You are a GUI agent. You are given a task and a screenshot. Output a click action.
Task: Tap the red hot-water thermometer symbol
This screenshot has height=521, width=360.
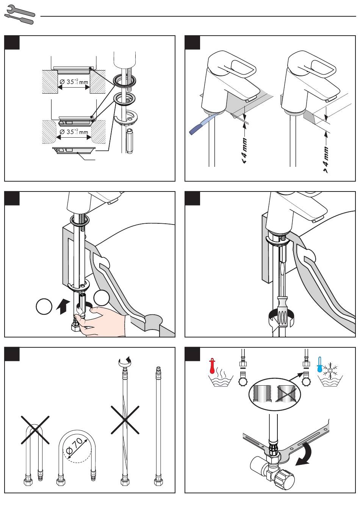click(x=212, y=366)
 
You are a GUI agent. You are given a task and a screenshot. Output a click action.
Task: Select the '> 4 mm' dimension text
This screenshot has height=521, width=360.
click(x=326, y=160)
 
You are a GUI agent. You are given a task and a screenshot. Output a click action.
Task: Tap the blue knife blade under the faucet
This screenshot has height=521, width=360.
click(x=203, y=123)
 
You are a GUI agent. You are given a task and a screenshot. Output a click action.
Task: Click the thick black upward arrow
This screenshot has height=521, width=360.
click(x=63, y=306)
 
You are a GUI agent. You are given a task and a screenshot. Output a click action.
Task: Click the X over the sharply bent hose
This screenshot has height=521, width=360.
click(x=35, y=430)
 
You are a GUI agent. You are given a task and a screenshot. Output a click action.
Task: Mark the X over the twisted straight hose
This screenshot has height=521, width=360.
click(x=125, y=420)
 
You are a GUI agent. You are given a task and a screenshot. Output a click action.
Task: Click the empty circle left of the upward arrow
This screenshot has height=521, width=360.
click(x=44, y=306)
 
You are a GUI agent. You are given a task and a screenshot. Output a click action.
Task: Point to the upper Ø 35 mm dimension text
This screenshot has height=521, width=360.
click(x=74, y=82)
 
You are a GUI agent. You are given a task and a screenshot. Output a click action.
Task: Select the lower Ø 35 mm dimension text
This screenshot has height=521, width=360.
click(x=74, y=132)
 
